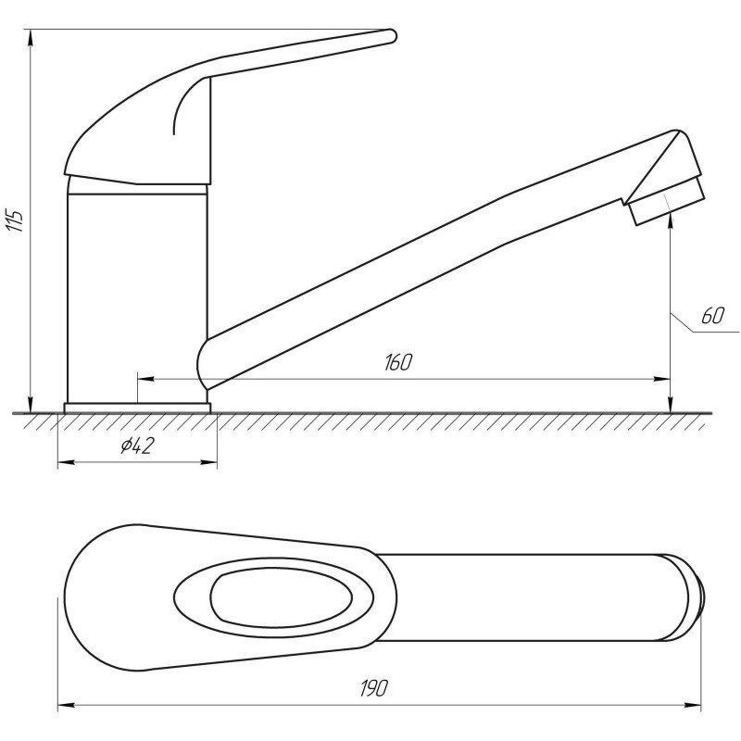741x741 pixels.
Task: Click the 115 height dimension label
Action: (15, 220)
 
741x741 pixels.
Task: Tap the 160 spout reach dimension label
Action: (398, 362)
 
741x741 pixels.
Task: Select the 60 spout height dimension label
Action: (712, 316)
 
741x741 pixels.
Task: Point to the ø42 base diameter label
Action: (137, 446)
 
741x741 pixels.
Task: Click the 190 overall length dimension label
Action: (374, 688)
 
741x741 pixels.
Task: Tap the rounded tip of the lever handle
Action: (391, 36)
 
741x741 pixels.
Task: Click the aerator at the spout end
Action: (667, 201)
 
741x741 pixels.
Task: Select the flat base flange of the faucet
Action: (137, 408)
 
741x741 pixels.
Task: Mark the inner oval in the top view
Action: (282, 597)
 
